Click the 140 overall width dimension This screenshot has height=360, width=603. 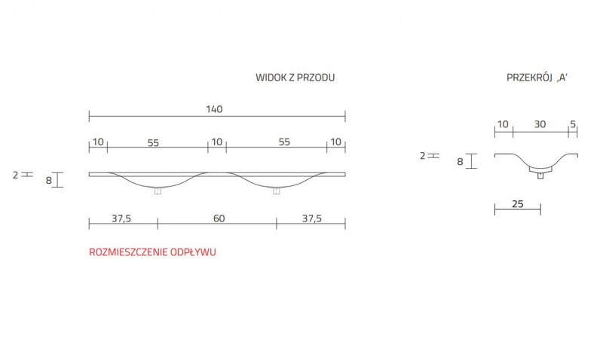(214, 109)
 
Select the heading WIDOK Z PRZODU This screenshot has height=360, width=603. (295, 78)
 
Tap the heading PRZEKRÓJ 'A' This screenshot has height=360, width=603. (537, 78)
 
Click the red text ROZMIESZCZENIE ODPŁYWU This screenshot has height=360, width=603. (152, 252)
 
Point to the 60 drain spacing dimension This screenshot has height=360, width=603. (219, 218)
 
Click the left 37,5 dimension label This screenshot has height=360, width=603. (121, 219)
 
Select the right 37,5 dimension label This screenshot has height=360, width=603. (311, 219)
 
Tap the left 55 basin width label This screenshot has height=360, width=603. (153, 143)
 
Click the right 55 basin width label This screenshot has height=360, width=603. (284, 142)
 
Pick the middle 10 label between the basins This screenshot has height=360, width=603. (217, 142)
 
